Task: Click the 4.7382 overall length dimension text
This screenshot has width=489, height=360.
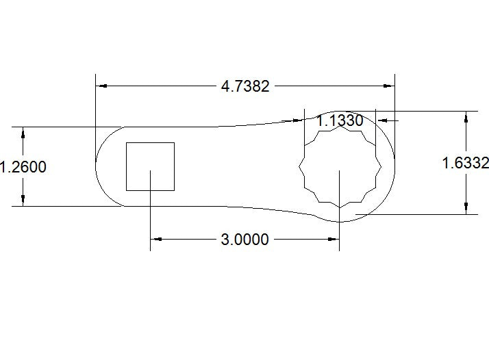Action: point(245,86)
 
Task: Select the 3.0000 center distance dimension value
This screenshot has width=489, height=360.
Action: point(244,240)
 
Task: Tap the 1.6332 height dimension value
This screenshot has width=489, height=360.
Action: point(465,163)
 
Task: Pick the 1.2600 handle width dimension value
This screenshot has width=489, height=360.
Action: point(23,166)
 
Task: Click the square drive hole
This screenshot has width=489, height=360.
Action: point(150,166)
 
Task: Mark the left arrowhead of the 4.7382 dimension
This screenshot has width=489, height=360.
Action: point(101,86)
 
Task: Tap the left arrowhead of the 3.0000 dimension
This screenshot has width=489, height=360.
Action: point(156,239)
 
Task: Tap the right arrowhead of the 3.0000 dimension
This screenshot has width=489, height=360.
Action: point(334,239)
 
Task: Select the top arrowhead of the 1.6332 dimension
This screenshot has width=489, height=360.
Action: point(466,117)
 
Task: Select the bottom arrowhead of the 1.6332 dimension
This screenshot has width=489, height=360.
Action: point(466,208)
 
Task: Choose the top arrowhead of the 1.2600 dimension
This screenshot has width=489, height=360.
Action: point(23,133)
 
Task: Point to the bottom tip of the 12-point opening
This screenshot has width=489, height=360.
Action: point(340,207)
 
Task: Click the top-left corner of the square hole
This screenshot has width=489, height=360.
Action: point(126,143)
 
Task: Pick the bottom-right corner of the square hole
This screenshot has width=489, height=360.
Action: point(174,190)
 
